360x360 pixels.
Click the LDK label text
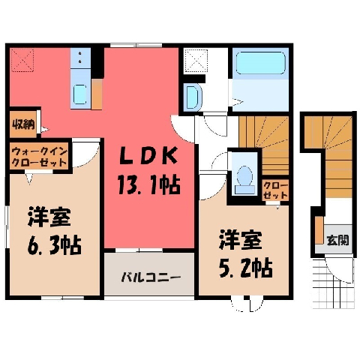pyautogui.click(x=148, y=156)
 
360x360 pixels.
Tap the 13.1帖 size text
pyautogui.click(x=149, y=185)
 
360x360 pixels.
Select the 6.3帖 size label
pyautogui.click(x=54, y=245)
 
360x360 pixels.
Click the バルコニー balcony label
pyautogui.click(x=151, y=277)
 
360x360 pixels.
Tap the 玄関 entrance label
pyautogui.click(x=338, y=240)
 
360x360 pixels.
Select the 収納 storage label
pyautogui.click(x=24, y=124)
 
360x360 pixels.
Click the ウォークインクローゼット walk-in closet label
pyautogui.click(x=40, y=157)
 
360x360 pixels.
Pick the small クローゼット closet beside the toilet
pyautogui.click(x=275, y=190)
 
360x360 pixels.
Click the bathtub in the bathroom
pyautogui.click(x=261, y=63)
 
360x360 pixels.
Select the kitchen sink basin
pyautogui.click(x=80, y=94)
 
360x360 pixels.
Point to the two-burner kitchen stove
pyautogui.click(x=80, y=58)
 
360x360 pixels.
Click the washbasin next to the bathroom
pyautogui.click(x=192, y=97)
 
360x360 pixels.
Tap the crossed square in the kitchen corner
pyautogui.click(x=22, y=60)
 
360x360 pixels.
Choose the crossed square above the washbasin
pyautogui.click(x=196, y=61)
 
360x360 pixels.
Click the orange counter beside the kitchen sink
pyautogui.click(x=97, y=94)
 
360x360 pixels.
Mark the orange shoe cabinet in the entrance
pyautogui.click(x=319, y=230)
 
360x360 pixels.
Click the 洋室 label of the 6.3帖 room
pyautogui.click(x=49, y=217)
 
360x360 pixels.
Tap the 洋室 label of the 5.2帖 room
pyautogui.click(x=241, y=240)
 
